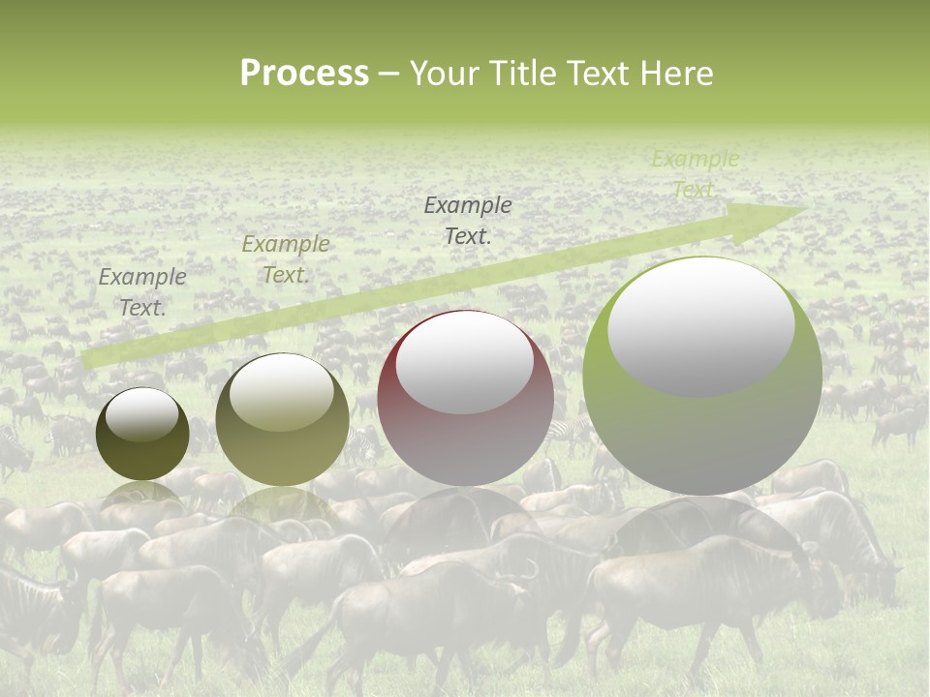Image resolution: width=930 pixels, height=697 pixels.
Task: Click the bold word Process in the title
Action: coord(304,74)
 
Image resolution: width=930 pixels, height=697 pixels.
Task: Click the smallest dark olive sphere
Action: coord(142,434)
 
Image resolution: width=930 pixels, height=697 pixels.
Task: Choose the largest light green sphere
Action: coord(702,376)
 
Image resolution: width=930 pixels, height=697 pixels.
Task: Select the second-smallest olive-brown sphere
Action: coord(282,419)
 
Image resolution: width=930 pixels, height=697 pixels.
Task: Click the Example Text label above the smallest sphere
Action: coord(142,292)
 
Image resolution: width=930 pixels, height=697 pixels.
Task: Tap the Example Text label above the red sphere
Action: coord(468,220)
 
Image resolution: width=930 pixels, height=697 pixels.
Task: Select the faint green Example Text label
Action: coord(695,174)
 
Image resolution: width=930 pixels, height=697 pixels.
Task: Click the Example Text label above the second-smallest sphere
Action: coord(286,259)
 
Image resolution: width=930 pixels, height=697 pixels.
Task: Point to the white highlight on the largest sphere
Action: coord(700,325)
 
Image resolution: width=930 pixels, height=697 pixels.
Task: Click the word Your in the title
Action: coord(444,74)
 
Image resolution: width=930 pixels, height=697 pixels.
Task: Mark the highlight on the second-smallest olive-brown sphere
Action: coord(281,392)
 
